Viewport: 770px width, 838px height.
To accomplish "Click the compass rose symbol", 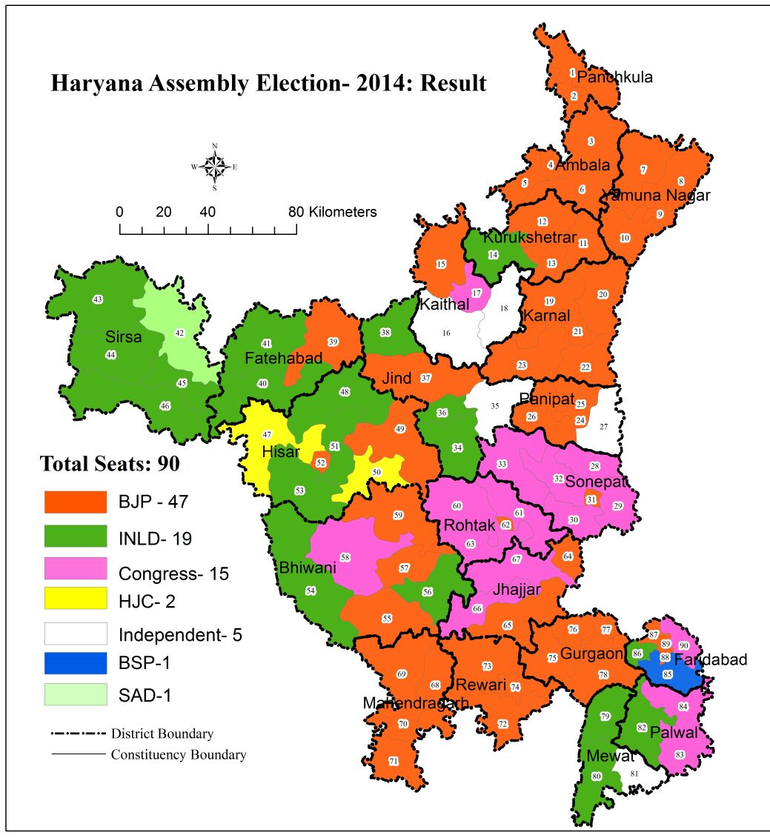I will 215,166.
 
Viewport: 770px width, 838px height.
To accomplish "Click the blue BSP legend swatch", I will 75,663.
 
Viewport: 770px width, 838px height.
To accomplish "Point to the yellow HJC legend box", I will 75,594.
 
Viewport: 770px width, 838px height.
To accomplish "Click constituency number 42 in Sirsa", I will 179,333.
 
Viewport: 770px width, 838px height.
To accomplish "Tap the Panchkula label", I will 615,77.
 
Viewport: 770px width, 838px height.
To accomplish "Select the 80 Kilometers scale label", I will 333,212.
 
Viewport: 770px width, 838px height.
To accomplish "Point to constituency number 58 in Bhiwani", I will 345,556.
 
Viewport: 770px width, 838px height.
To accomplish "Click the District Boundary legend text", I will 162,734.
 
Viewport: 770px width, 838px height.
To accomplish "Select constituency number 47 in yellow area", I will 268,434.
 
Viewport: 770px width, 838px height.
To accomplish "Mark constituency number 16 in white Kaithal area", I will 446,333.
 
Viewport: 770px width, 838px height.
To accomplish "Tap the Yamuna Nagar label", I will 657,196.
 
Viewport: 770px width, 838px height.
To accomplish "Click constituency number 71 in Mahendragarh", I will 394,761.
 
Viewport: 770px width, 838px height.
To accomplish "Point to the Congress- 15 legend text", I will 173,573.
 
